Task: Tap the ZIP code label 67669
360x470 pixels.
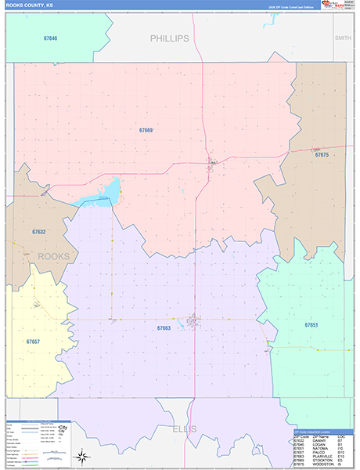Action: [146, 130]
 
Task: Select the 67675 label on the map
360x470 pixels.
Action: [322, 155]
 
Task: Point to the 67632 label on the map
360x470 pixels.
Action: [39, 232]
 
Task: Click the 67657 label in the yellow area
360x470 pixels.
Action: [33, 342]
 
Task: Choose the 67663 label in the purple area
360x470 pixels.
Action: [164, 328]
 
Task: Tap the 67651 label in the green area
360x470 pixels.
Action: [311, 324]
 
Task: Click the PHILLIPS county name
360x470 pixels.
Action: [170, 38]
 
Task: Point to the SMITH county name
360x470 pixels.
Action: [343, 38]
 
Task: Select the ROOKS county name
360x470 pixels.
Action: [54, 256]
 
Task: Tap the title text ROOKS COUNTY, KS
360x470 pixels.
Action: [29, 5]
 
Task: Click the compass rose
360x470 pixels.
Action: [81, 457]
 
